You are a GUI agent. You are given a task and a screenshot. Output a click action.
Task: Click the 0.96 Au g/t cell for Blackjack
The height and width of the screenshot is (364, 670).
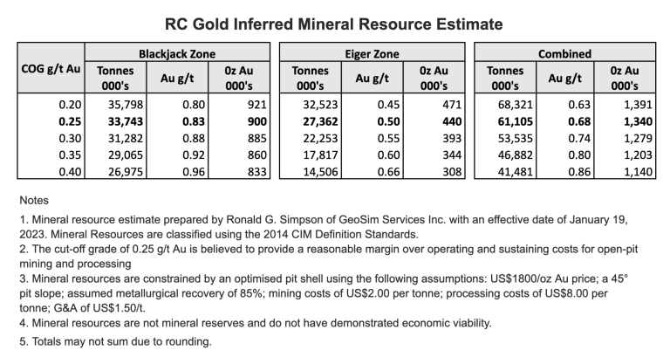pyautogui.click(x=186, y=173)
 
